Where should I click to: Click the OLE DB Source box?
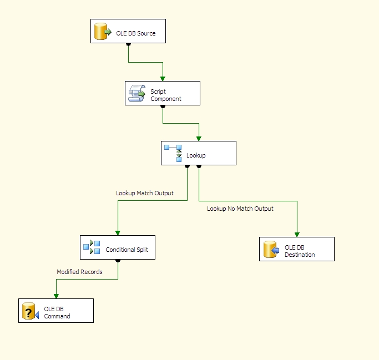[x=128, y=31]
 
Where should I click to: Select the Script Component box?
[x=162, y=93]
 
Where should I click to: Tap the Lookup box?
[x=198, y=153]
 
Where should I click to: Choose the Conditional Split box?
[x=118, y=247]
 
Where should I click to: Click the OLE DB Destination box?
[x=296, y=249]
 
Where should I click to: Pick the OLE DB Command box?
[x=55, y=311]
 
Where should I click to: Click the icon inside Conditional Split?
[x=92, y=247]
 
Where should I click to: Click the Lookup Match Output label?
[x=144, y=194]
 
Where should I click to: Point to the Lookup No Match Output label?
[x=240, y=209]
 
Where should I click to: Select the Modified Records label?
[x=79, y=272]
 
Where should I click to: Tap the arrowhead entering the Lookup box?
[x=199, y=138]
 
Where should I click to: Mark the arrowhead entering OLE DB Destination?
[x=297, y=234]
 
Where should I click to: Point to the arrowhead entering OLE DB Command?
[x=55, y=296]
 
